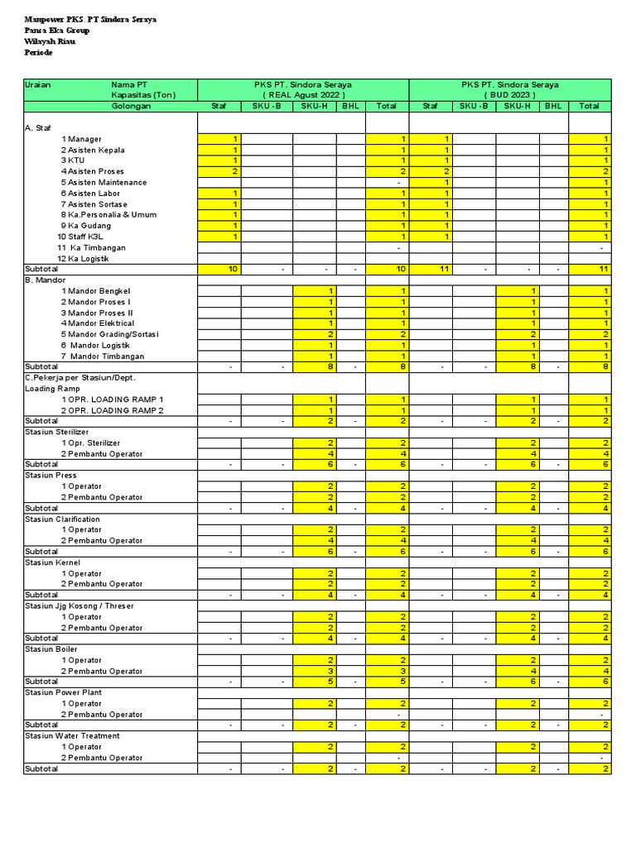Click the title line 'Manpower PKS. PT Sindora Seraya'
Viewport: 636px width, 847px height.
coord(90,19)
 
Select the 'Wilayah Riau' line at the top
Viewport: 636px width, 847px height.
coord(51,41)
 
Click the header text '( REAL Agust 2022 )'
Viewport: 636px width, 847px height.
coord(302,95)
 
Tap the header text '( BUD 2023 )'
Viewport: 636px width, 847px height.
coord(510,95)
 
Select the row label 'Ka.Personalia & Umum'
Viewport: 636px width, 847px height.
coord(112,215)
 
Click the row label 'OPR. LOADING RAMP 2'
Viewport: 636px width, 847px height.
coord(116,410)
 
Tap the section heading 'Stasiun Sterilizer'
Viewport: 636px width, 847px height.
coord(57,432)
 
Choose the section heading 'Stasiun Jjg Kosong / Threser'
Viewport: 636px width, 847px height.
coord(79,605)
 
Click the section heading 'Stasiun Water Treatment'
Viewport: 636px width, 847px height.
coord(72,735)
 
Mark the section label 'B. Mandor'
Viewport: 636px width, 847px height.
coord(46,280)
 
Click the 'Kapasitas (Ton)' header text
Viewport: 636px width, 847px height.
coord(143,95)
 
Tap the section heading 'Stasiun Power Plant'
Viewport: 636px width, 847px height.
coord(64,692)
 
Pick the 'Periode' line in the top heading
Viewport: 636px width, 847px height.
coord(38,52)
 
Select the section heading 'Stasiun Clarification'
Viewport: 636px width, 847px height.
coord(62,519)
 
